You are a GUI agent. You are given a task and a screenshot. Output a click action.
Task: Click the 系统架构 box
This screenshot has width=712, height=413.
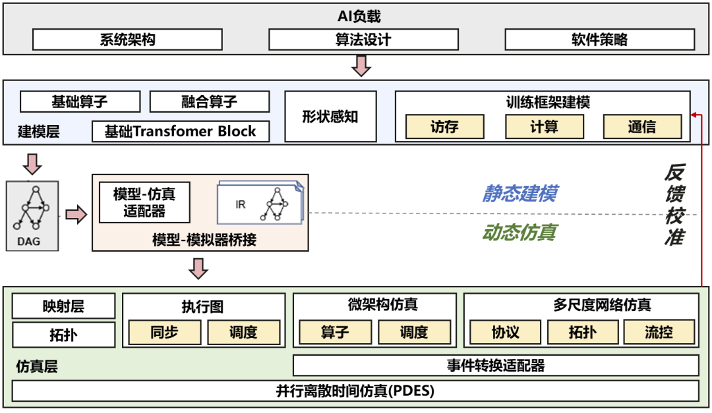[x=127, y=40]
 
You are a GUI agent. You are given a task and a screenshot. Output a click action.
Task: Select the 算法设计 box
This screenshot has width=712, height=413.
[x=363, y=40]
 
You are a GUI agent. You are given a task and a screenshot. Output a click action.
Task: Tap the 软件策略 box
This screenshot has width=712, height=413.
[x=599, y=40]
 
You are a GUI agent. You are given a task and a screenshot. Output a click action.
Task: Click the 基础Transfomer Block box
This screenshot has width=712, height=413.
[x=181, y=131]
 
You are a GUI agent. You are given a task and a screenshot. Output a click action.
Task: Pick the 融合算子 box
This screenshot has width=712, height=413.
[x=209, y=101]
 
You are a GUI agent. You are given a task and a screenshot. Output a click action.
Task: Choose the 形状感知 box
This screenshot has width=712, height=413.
[x=330, y=117]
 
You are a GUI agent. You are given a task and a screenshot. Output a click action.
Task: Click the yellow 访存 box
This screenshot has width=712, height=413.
[x=444, y=126]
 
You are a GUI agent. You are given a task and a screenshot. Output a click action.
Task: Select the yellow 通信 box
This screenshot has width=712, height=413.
[x=641, y=126]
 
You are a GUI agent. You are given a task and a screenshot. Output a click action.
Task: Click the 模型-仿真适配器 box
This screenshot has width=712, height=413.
[x=144, y=202]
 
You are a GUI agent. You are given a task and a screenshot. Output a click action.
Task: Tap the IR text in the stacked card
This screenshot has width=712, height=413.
[x=241, y=204]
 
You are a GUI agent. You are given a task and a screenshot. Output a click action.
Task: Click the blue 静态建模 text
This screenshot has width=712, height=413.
[x=519, y=193]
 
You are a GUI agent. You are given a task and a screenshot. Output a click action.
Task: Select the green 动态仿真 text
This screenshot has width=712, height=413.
[x=519, y=232]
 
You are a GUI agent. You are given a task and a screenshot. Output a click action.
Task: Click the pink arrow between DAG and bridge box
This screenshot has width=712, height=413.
[x=76, y=215]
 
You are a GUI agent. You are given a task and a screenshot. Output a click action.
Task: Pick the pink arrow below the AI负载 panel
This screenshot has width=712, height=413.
[x=361, y=66]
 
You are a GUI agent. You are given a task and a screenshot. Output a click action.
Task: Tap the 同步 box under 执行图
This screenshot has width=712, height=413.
[x=164, y=332]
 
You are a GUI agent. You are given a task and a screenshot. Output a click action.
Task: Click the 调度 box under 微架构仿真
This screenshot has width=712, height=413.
[x=414, y=332]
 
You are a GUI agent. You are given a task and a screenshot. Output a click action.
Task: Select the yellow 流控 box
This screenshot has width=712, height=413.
[x=659, y=332]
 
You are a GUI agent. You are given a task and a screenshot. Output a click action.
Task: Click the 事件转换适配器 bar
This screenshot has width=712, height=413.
[x=495, y=365]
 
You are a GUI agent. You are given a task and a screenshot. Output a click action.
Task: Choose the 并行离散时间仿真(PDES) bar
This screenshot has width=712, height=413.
[x=355, y=391]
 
